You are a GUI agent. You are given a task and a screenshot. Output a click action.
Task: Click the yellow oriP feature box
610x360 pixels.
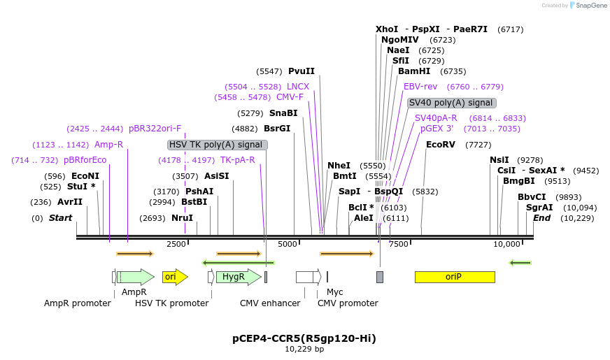click(454, 277)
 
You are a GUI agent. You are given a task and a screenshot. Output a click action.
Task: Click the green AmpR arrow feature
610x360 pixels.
click(136, 277)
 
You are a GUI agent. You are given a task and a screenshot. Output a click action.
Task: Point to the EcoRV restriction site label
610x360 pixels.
click(440, 145)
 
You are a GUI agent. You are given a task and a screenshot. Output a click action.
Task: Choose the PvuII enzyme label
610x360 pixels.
click(302, 71)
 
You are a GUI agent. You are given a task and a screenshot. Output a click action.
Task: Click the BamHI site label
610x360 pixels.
click(414, 71)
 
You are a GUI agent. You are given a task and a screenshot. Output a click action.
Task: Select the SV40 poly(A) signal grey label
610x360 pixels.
click(451, 103)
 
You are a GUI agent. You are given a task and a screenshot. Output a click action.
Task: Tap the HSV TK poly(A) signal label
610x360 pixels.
click(217, 145)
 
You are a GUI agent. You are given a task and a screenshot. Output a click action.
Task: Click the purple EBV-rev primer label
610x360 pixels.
click(420, 87)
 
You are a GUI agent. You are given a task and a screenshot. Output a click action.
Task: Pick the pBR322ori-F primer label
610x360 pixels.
click(155, 129)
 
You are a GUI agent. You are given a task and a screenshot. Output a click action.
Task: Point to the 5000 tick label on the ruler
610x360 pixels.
click(288, 244)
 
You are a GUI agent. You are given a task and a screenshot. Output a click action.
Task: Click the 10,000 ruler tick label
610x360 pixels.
click(506, 244)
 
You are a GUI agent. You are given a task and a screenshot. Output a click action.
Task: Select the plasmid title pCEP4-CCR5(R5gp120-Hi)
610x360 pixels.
click(304, 338)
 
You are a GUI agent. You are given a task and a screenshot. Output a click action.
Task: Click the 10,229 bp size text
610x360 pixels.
click(304, 349)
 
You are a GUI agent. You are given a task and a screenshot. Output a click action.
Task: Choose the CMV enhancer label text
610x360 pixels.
click(270, 303)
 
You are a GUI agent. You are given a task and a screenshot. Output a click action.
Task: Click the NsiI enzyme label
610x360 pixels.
click(499, 160)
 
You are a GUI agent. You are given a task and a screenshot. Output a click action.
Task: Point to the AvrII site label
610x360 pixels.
click(70, 202)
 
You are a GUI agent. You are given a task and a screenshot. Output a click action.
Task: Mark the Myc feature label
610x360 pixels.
click(335, 291)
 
